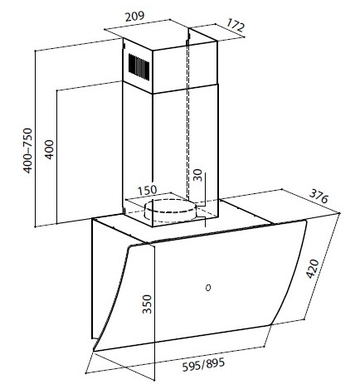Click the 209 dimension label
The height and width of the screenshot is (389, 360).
point(135,17)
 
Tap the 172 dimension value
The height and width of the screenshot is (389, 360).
point(236,26)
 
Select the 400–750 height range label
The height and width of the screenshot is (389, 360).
point(27,150)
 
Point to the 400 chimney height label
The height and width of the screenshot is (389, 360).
point(50,149)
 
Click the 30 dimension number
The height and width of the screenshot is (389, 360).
point(197,175)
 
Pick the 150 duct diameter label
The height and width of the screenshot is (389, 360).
point(148,190)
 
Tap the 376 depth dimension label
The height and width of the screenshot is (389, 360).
point(319,196)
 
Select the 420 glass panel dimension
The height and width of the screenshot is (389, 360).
point(313,269)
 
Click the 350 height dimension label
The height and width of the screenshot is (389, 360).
point(148,304)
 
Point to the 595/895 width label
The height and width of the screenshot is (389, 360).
point(203,365)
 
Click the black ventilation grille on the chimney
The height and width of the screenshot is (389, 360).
point(139,67)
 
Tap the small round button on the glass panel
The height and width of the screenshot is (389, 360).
point(208,288)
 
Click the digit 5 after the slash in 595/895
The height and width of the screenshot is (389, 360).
point(221,362)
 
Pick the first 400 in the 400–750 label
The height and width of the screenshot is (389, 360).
point(27,163)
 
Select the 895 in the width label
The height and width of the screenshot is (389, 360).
point(216,363)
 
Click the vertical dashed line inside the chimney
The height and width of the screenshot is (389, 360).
point(188,116)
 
